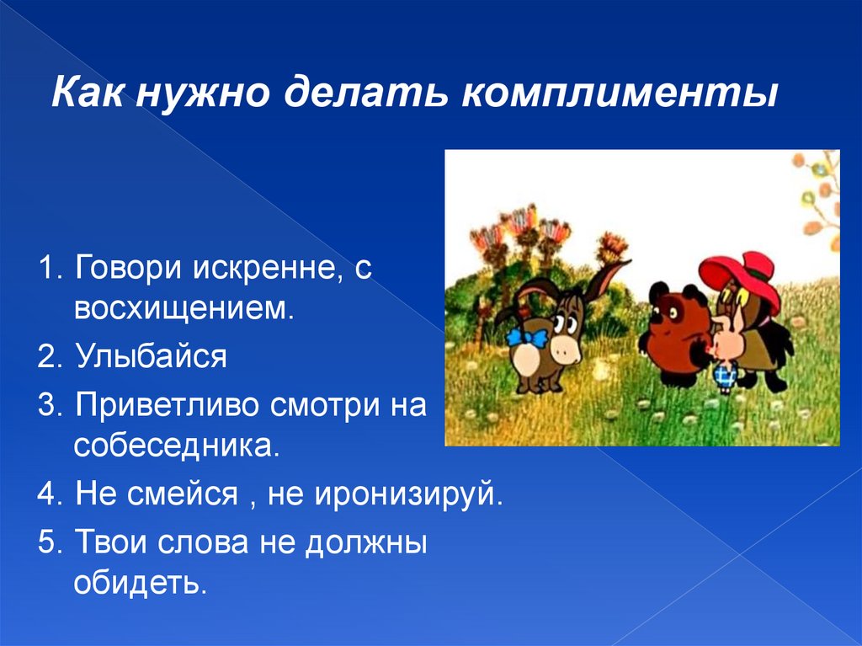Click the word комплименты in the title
click(620, 93)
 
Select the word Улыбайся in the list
click(152, 356)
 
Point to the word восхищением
click(184, 309)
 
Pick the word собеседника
click(177, 446)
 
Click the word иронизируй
click(408, 494)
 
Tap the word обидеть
click(141, 582)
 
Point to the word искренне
click(265, 268)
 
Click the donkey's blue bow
click(527, 337)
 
